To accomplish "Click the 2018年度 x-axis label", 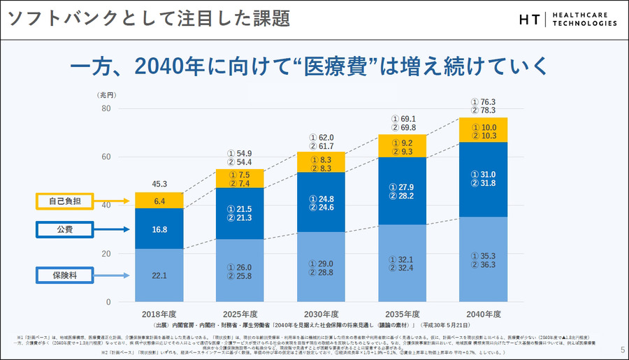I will (159, 314).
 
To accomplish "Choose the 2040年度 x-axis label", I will (483, 314).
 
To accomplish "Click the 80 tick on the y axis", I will (106, 108).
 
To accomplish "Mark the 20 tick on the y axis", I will (106, 254).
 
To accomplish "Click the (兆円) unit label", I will (106, 94).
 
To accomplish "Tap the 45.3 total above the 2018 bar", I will (159, 185).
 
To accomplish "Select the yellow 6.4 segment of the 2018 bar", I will (159, 201).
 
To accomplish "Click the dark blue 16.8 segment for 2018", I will (159, 229).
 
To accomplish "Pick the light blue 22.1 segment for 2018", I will (159, 275).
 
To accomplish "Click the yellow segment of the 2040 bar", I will (483, 131).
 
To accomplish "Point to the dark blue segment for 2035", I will (403, 192).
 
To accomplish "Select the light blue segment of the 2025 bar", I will (240, 271).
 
